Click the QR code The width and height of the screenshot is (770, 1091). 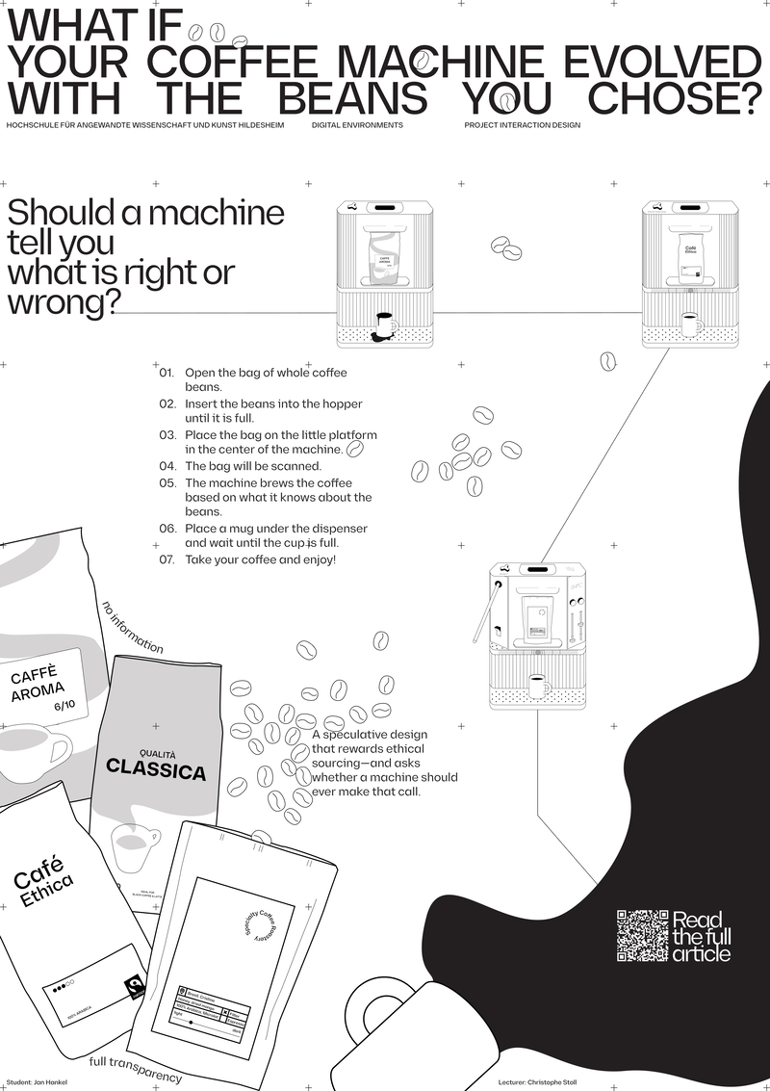coord(642,935)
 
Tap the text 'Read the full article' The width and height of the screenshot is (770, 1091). coord(701,936)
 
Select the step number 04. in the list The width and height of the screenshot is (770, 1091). coord(167,466)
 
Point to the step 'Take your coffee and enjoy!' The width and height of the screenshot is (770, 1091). coord(260,559)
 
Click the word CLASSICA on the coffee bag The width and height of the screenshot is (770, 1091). coord(156,770)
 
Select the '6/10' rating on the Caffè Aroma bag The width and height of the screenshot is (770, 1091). coord(64,707)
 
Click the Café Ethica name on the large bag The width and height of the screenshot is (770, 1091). coord(44,881)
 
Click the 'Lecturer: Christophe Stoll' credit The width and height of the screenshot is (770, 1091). coord(544,1082)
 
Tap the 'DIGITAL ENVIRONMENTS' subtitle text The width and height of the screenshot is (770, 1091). coord(357,125)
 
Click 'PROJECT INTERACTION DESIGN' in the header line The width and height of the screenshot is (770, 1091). coord(522,125)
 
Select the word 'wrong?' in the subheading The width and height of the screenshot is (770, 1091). coord(64,302)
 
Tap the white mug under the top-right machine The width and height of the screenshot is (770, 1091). coord(690,323)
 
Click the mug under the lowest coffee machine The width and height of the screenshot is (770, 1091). coord(537,687)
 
